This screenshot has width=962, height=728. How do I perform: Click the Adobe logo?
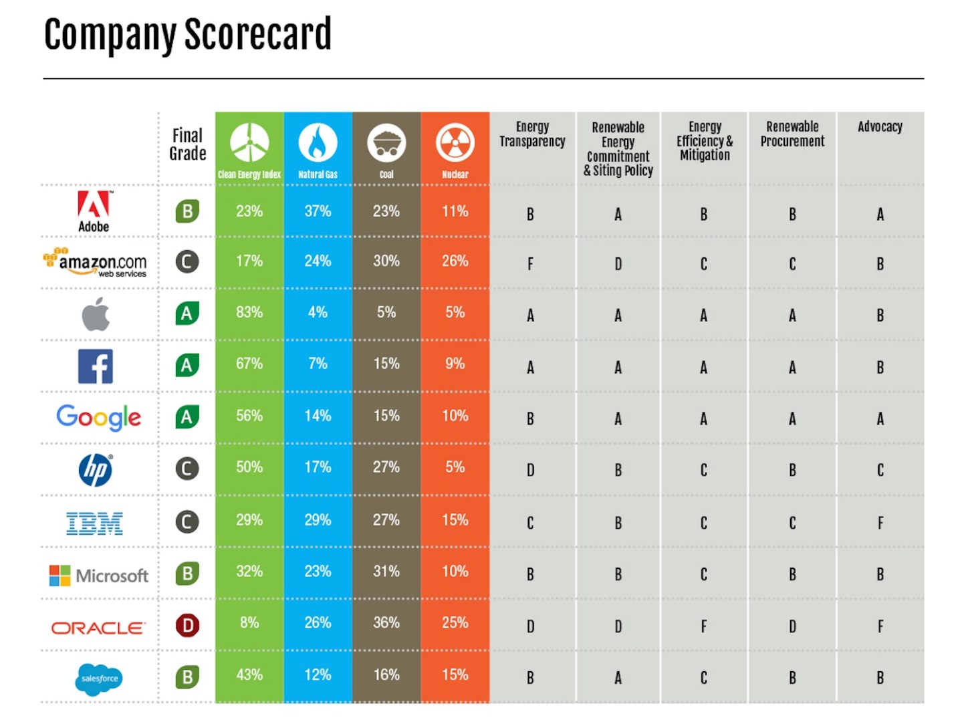coord(94,210)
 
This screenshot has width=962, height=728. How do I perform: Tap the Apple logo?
coord(96,314)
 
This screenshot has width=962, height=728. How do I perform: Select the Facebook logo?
coord(95,366)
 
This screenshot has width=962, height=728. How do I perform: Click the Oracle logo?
coord(98,628)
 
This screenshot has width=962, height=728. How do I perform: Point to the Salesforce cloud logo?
coord(99,679)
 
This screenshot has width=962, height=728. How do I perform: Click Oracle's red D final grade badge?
coord(187,626)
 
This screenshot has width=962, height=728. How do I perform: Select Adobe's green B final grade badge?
coord(187,211)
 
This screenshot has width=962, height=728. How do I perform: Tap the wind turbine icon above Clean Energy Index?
coord(249,142)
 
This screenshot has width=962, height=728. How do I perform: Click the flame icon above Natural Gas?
coord(318,142)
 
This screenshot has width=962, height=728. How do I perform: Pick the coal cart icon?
coord(386,142)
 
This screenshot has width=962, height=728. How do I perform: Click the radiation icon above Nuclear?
coord(455,142)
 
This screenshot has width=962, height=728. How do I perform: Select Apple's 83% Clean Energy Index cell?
coord(249,312)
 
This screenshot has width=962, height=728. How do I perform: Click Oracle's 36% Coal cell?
coord(386,622)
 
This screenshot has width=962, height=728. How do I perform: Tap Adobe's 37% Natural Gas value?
coord(318,211)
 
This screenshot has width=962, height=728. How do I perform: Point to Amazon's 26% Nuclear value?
coord(455,261)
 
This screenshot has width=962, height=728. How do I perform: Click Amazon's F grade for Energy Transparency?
coord(530,264)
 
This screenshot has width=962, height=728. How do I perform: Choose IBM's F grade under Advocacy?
coord(880,523)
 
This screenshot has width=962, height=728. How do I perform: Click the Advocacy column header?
coord(880,126)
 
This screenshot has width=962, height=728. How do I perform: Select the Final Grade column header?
coord(187,144)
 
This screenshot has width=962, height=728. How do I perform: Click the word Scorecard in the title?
coord(258,35)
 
